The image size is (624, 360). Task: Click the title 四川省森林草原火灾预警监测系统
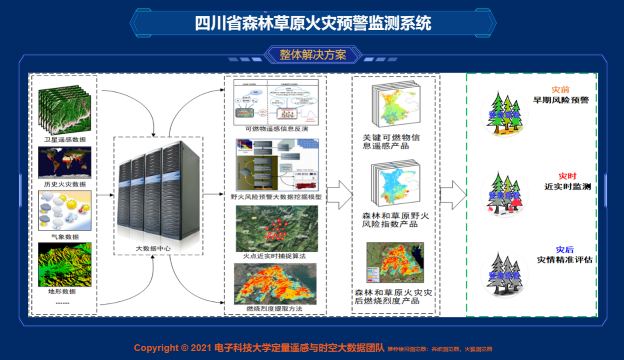[x=313, y=23]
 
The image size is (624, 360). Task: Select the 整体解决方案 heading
[x=313, y=55]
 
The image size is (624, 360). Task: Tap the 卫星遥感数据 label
[x=64, y=139]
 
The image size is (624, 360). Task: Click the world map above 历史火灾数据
[x=64, y=163]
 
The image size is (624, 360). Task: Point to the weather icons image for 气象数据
[x=64, y=210]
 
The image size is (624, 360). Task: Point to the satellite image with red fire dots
[x=276, y=228]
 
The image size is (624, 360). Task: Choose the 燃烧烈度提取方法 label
[x=274, y=309]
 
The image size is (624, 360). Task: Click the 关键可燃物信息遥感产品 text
[x=391, y=142]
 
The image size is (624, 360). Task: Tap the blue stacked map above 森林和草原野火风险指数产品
[x=396, y=184]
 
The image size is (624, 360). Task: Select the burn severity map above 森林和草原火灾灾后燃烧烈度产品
[x=395, y=264]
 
